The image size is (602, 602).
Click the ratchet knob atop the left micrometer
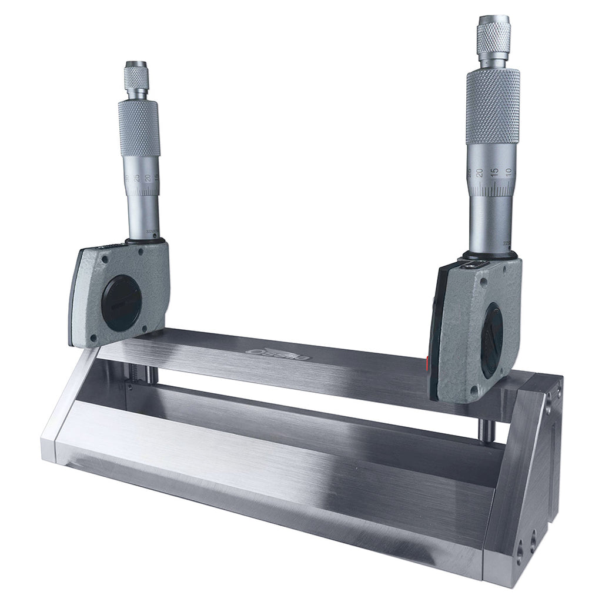[136, 76]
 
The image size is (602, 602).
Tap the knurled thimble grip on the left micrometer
[139, 128]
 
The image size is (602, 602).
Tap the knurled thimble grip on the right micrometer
[493, 106]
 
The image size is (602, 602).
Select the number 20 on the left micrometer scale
[148, 178]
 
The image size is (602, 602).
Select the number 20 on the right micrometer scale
[480, 173]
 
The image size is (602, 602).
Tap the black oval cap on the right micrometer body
[491, 342]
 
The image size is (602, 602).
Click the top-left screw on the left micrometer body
[104, 258]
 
